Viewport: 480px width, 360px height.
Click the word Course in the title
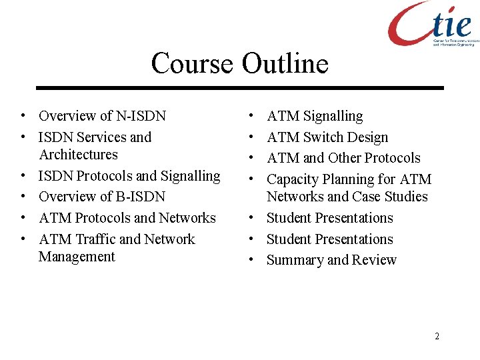point(192,64)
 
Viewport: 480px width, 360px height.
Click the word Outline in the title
point(285,64)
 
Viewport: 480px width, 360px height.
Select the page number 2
point(437,336)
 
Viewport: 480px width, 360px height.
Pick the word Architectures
point(78,155)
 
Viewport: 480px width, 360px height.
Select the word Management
point(77,257)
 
